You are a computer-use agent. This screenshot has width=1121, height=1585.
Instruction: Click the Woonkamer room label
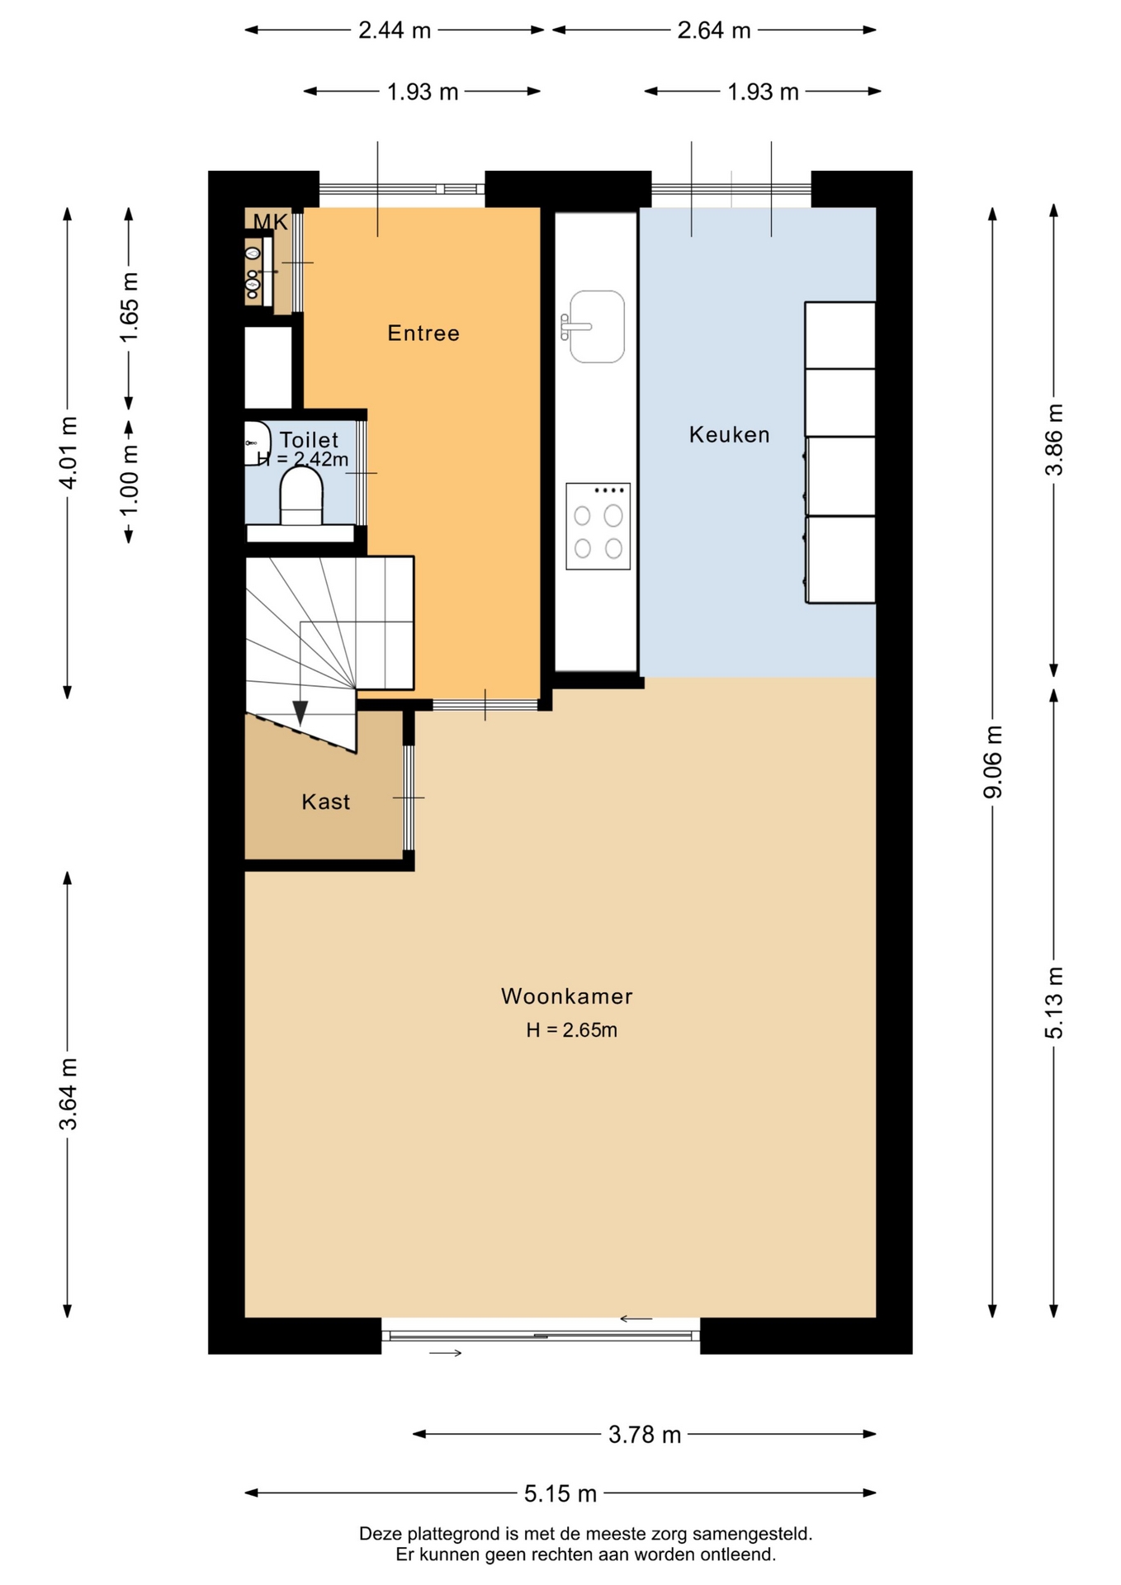566,996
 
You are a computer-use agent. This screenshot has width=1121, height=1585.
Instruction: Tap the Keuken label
729,434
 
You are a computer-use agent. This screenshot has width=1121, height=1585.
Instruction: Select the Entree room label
423,333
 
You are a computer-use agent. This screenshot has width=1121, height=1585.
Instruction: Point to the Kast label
325,802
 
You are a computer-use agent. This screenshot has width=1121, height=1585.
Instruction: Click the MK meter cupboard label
270,221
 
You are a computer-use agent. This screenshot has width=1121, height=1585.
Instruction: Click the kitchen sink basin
596,326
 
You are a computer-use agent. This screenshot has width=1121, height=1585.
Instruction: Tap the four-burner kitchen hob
598,527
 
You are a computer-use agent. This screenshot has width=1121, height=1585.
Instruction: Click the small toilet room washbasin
257,443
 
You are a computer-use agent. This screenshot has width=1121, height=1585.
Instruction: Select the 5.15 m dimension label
560,1493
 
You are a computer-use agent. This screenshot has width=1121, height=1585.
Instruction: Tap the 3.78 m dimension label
645,1435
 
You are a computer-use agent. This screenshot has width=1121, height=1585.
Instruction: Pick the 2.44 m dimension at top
395,31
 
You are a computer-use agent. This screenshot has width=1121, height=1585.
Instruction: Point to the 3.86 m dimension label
1054,439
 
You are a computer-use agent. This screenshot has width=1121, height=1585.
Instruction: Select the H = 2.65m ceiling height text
571,1030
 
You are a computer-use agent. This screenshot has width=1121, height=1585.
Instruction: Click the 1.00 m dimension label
129,480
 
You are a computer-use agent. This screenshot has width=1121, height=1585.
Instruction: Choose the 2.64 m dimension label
714,31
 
